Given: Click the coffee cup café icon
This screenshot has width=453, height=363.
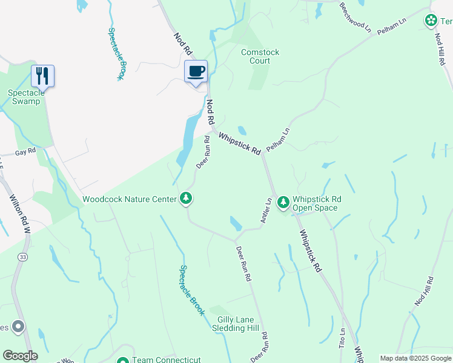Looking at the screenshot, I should click(196, 72).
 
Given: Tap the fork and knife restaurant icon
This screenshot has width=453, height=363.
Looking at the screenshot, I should click(42, 76).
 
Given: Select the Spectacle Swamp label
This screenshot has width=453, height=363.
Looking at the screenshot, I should click(24, 97).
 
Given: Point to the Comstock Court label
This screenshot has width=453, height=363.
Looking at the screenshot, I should click(260, 57).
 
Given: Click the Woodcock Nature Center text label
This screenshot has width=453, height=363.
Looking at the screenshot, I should click(129, 198).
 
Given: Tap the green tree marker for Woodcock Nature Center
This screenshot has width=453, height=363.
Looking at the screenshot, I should click(187, 198).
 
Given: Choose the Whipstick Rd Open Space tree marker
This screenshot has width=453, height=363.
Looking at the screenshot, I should click(283, 202).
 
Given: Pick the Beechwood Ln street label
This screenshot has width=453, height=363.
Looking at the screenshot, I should click(355, 16).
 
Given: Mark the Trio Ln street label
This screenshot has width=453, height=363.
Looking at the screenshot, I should click(342, 338).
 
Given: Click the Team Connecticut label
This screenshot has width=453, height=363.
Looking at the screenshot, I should click(167, 359).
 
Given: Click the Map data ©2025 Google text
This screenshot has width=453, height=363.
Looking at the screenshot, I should click(415, 358).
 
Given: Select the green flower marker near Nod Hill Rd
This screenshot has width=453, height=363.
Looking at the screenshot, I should click(431, 20).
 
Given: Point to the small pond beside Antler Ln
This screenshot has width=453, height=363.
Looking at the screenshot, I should click(236, 224).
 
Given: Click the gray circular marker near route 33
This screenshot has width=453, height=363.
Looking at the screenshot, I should click(18, 327).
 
